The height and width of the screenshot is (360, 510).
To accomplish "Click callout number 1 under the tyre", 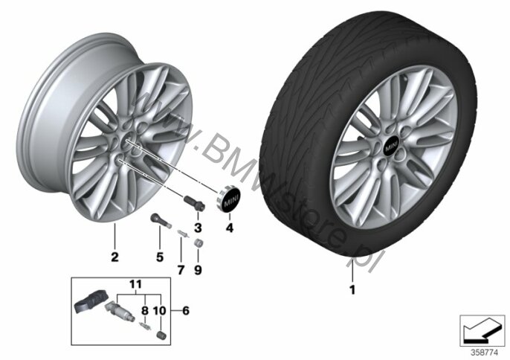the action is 352,289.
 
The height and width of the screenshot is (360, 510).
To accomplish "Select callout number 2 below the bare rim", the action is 114,257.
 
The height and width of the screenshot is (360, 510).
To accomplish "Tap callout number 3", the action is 198,228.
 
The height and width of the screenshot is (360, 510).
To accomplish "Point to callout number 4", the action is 230,228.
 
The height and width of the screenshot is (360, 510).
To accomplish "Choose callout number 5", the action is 160,257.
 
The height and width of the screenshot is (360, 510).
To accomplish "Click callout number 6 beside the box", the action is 185,310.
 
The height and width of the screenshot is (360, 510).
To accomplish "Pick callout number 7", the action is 181,270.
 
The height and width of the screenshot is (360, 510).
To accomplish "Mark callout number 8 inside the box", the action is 145,310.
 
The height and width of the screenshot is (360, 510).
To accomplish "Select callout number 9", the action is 198,270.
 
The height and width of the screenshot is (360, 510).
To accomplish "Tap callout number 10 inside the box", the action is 159,310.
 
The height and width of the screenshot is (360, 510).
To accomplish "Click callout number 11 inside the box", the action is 135,284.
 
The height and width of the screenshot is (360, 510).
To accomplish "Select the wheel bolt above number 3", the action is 195,203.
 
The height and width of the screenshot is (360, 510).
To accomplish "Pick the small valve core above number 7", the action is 183,234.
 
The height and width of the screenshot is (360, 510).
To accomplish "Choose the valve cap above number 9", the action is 198,243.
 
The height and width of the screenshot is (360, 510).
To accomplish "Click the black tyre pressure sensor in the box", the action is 88,301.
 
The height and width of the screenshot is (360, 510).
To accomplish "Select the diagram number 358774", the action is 484,353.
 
